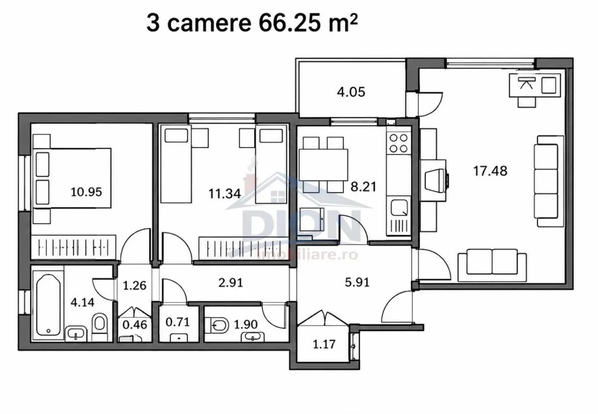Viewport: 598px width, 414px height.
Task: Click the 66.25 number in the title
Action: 290,23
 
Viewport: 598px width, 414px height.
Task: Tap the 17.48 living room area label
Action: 490,171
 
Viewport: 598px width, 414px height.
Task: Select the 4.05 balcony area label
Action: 351,92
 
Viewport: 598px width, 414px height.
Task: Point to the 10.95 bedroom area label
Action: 86,192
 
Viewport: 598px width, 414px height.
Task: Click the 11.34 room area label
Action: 225,193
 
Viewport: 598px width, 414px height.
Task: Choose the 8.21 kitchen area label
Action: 363,187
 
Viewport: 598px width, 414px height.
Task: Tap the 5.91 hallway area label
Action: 357,282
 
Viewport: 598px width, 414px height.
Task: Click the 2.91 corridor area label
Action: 231,282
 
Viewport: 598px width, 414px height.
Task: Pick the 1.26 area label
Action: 135,285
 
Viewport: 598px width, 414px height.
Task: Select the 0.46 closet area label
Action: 135,325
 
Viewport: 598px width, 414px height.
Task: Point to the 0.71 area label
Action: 177,322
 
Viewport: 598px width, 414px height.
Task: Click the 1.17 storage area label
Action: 324,344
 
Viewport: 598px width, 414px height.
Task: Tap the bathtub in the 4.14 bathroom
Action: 48,305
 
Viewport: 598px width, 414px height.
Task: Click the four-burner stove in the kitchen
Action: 399,143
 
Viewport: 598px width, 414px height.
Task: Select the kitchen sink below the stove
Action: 399,208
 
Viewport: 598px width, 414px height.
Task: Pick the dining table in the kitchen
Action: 323,165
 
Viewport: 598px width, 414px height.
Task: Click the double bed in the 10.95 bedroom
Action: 72,178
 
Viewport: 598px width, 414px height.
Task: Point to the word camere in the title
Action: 209,23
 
